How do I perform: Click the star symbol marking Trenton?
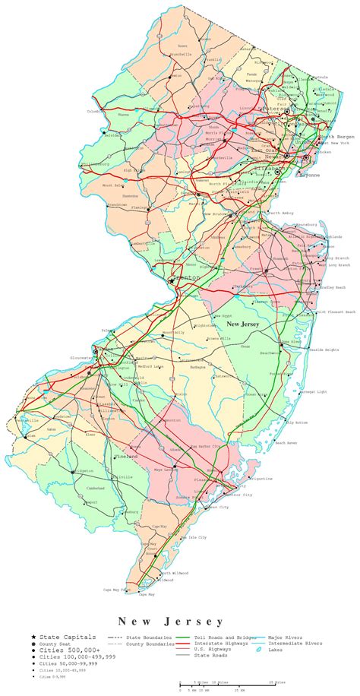(x=173, y=279)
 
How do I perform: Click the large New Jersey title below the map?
(x=160, y=622)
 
